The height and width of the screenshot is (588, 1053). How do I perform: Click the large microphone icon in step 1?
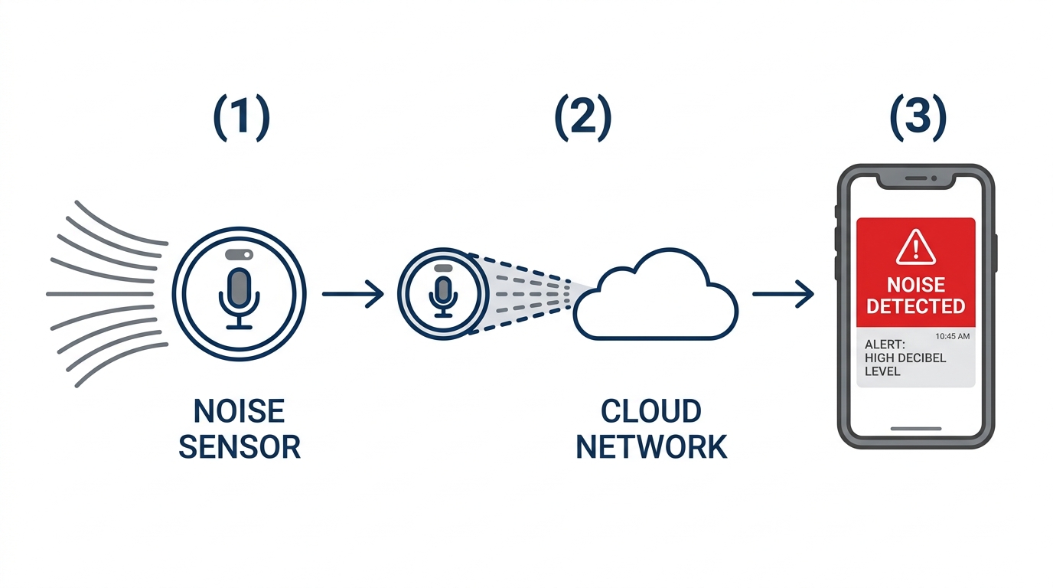pos(239,294)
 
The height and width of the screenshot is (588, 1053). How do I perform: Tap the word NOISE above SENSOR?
pos(239,412)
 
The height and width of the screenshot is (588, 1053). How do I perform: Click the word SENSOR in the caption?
pos(239,446)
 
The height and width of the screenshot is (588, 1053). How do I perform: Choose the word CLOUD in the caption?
pos(650,412)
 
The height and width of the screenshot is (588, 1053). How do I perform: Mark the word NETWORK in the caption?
pos(650,446)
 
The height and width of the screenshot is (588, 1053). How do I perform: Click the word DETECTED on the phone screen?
pos(915,306)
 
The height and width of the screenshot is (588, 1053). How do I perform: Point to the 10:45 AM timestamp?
pos(952,336)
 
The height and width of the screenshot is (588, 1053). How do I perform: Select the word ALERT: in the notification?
pos(885,345)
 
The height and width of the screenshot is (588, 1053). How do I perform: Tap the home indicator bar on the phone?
pos(915,429)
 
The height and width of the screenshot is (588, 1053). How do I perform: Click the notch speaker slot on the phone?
pos(915,178)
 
